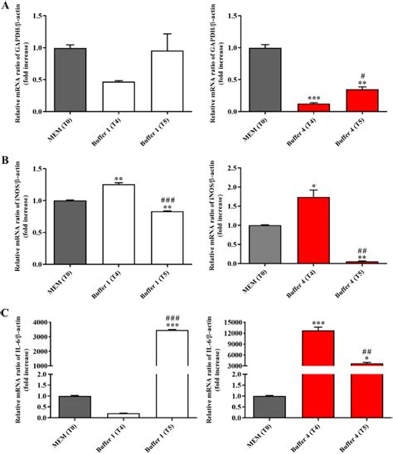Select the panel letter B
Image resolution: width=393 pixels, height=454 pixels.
(7, 155)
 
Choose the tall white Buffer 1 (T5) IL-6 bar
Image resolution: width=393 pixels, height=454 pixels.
(171, 373)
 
